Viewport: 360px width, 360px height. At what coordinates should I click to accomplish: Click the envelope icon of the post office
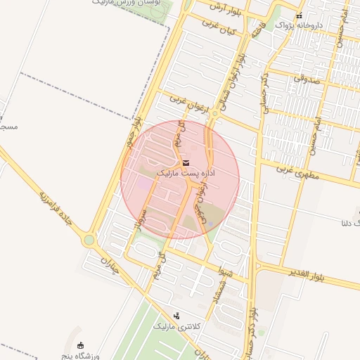tap(186, 162)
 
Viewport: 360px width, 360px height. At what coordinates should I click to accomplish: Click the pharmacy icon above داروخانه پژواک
tap(300, 15)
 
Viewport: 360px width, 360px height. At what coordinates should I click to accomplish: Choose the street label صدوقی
tap(306, 82)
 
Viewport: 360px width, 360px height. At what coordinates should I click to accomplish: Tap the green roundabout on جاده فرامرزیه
tap(89, 240)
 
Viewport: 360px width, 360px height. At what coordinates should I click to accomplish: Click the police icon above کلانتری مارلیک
tap(176, 316)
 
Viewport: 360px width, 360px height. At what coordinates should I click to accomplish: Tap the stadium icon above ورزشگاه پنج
tap(81, 345)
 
